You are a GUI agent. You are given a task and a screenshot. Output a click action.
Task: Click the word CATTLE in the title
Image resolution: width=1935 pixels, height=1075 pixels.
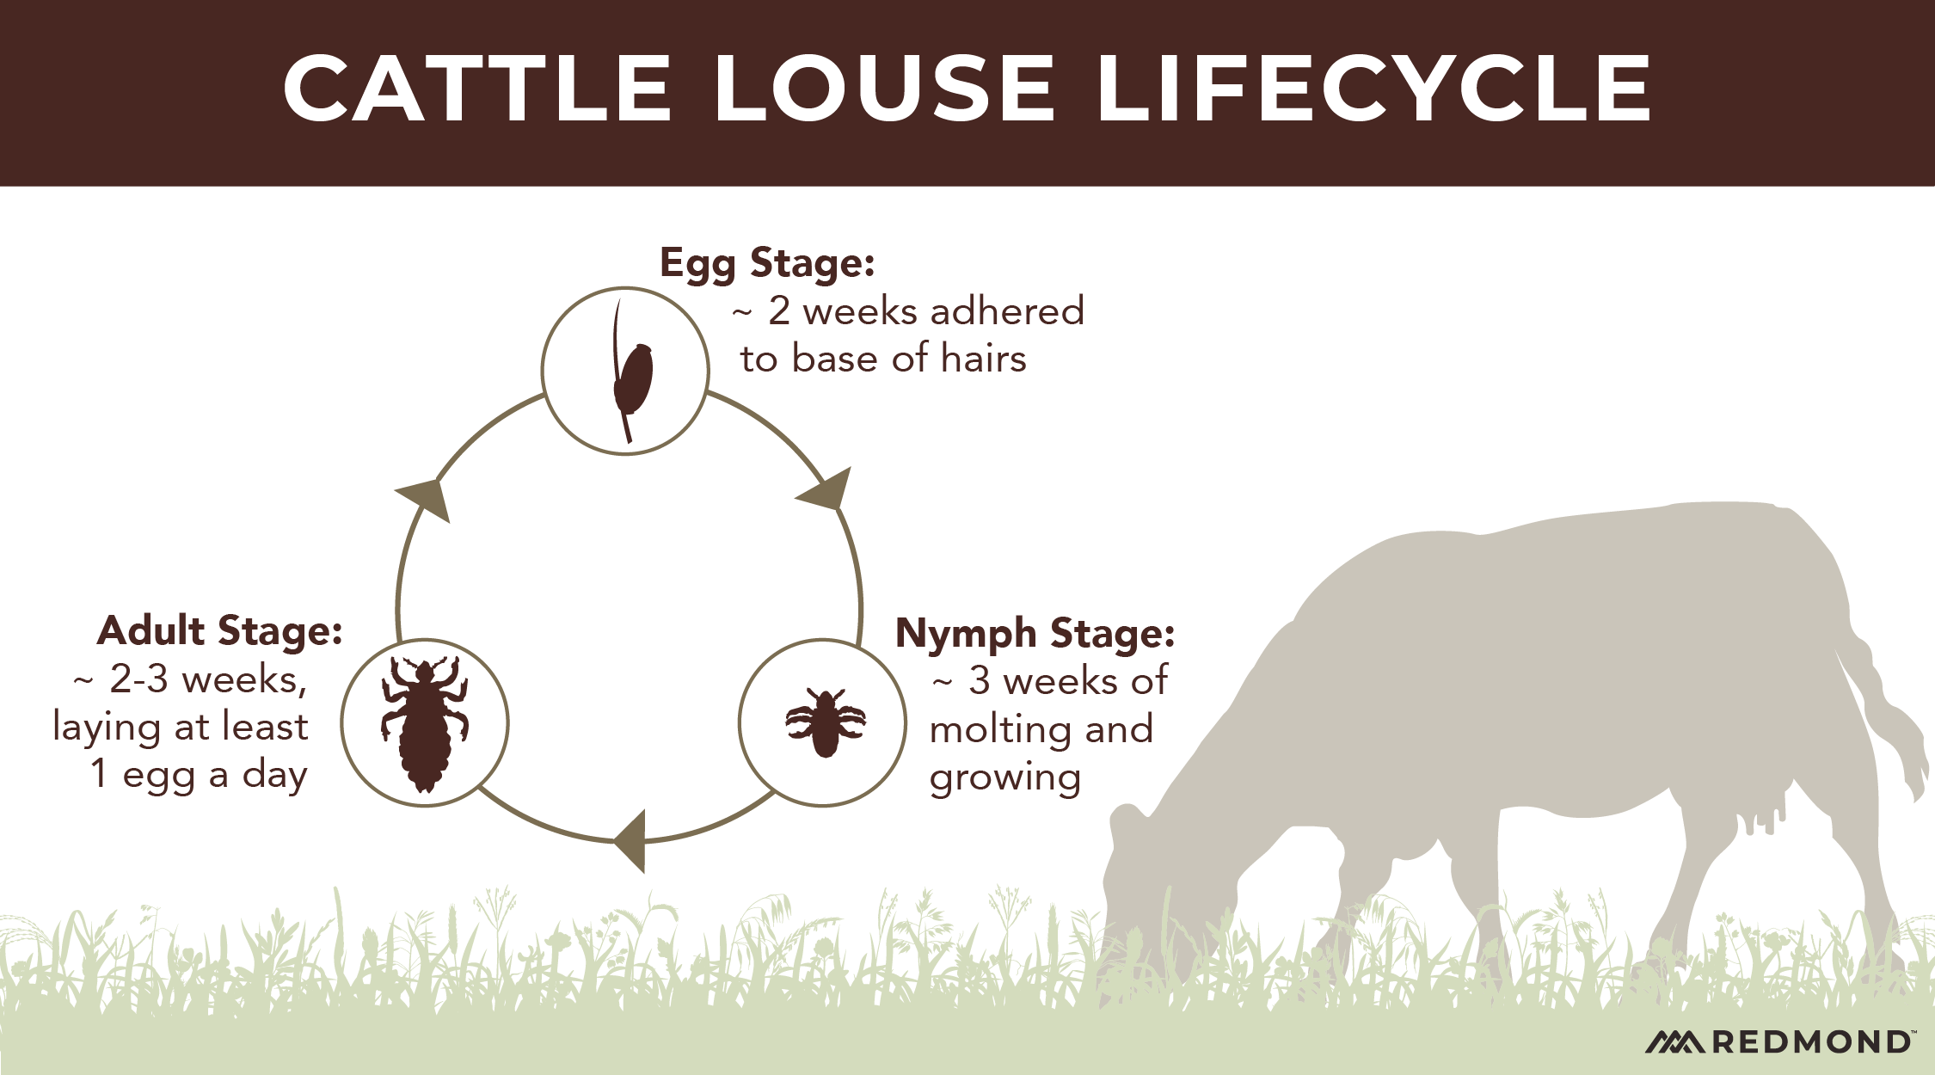point(477,89)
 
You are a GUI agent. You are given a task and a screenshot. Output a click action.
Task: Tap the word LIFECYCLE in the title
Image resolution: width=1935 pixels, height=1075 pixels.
point(1373,89)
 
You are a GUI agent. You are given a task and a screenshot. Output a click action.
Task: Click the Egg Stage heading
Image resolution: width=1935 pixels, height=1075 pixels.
point(767,262)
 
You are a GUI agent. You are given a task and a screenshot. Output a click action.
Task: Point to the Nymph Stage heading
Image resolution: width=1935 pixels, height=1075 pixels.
point(1035,634)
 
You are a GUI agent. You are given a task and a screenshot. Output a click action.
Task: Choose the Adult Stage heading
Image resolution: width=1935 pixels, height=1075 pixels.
point(220,631)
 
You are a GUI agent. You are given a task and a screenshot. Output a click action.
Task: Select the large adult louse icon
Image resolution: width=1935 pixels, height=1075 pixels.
point(425,723)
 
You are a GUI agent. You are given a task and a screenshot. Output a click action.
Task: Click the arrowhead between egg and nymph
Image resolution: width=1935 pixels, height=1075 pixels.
point(827,489)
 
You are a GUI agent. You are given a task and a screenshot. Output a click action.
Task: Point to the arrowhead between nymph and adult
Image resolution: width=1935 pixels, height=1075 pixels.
point(631,840)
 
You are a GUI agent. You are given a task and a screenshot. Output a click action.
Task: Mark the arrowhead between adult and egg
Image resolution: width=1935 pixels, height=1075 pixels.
point(426,499)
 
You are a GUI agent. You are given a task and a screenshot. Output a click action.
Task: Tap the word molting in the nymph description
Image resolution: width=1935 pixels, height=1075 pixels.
point(999,729)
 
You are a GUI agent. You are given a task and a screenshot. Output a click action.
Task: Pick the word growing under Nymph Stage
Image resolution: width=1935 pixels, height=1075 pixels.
point(1004,778)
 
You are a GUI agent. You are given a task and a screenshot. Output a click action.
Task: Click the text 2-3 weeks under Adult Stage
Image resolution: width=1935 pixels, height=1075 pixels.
point(206,679)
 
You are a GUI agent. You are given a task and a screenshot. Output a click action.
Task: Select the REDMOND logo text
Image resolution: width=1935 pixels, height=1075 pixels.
point(1809,1042)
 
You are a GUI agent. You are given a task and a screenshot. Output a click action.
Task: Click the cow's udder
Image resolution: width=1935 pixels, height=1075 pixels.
point(1759,813)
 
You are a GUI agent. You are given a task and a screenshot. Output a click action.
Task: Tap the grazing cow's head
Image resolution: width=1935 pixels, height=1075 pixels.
point(1144,886)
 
